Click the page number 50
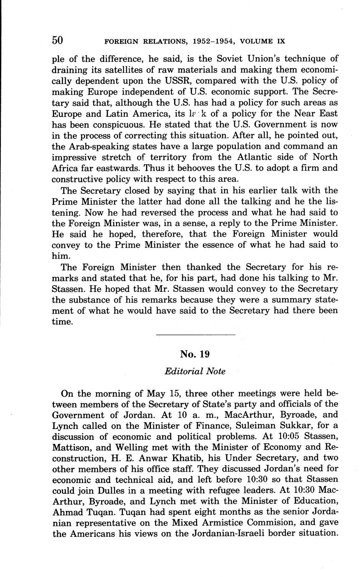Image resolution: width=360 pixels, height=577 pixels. pyautogui.click(x=57, y=40)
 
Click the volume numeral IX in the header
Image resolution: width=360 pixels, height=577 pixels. pyautogui.click(x=281, y=41)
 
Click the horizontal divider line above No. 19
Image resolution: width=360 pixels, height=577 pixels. pyautogui.click(x=195, y=334)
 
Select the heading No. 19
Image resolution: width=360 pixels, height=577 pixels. pyautogui.click(x=195, y=354)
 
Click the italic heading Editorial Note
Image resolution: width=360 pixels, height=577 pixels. pyautogui.click(x=195, y=371)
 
